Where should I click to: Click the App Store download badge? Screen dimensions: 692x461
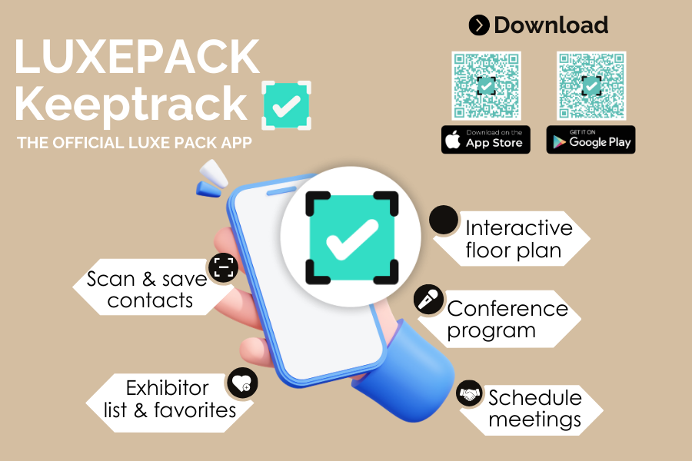point(485,139)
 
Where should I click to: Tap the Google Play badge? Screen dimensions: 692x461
point(591,139)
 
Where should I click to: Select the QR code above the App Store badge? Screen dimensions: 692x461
point(486,85)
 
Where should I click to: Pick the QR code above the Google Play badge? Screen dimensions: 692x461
point(591,85)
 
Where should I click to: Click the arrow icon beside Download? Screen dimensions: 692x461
point(479,25)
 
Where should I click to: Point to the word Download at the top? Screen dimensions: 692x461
point(551,25)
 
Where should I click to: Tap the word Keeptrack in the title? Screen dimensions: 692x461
point(131,104)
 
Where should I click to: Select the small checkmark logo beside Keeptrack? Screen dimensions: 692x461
point(287,105)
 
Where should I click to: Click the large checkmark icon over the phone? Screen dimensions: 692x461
point(351,237)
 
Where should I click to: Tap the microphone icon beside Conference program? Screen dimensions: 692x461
point(428,300)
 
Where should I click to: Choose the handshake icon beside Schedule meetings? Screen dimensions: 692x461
point(469,393)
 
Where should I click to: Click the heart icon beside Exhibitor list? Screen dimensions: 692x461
point(242,383)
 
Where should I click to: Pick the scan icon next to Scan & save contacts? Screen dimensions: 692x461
point(223,267)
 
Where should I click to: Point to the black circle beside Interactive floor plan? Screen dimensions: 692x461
point(444,220)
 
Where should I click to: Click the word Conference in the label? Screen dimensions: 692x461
point(507,308)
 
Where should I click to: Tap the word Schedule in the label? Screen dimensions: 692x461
point(535,397)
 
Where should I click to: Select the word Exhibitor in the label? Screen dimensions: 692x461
point(168,388)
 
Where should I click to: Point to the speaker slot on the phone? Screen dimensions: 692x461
point(281,191)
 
